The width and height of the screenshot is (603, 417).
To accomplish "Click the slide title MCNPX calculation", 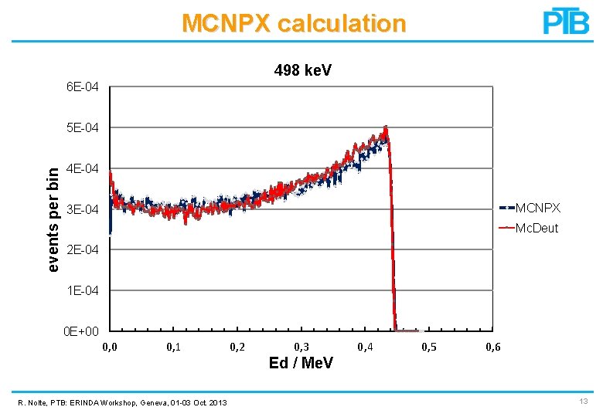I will click(294, 23).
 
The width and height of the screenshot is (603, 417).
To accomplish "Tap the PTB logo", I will click(566, 21).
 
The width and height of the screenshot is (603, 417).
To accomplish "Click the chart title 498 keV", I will click(303, 70).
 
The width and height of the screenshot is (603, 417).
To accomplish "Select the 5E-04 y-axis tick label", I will click(83, 127).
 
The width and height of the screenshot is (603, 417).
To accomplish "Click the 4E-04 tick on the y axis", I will click(83, 168).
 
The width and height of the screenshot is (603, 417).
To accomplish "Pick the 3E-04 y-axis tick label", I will click(83, 209).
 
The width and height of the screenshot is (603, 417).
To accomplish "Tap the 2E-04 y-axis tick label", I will click(83, 250).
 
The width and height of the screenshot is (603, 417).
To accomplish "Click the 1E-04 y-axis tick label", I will click(83, 291).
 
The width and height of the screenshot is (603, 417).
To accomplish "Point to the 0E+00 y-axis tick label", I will click(81, 332).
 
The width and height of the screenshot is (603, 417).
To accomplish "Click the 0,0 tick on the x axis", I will click(110, 347).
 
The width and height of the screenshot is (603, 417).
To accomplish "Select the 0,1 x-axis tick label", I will click(174, 347).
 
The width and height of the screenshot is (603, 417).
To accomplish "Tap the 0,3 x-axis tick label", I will click(302, 347).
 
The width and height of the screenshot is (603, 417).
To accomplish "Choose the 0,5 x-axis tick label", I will click(428, 347).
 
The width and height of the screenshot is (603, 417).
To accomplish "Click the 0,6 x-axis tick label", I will click(492, 347).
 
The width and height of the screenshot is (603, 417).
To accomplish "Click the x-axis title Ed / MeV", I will click(301, 363).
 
